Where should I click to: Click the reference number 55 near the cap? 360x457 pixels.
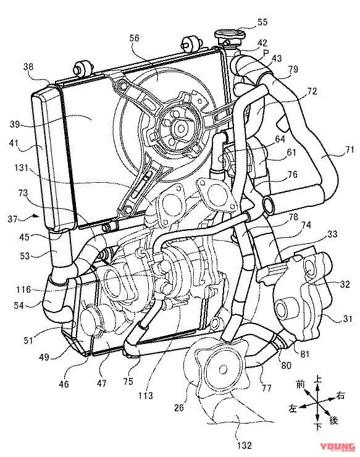tap(262, 22)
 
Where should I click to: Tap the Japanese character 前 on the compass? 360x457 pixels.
tap(300, 384)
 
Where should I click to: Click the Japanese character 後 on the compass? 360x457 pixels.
tap(334, 420)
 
